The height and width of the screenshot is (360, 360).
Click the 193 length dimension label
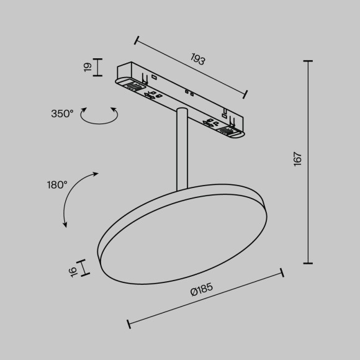point(197,60)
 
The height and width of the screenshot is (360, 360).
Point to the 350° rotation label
point(62,113)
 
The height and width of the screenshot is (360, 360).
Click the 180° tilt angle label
point(56,184)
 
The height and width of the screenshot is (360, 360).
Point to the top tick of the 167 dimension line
point(308,61)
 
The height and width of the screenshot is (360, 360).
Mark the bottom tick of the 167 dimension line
point(308,263)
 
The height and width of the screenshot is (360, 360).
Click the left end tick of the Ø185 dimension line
point(128,323)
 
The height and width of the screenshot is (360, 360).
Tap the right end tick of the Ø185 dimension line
point(282,272)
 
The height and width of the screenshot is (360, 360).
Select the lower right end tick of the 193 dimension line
point(246,95)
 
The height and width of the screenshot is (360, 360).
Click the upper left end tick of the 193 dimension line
point(136,41)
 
